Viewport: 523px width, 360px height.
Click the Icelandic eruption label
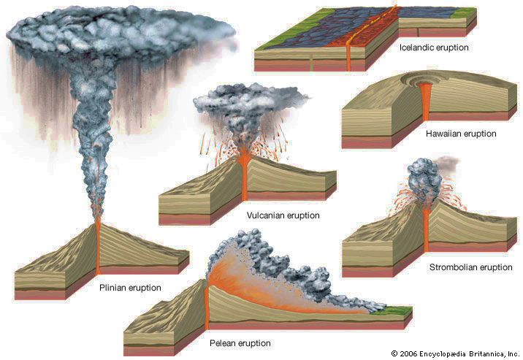click(x=434, y=47)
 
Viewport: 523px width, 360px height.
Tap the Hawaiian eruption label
click(x=461, y=134)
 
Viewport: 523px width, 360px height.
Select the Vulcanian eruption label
click(x=283, y=215)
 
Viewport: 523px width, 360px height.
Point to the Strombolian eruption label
click(x=470, y=267)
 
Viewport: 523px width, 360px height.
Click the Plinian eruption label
click(x=130, y=288)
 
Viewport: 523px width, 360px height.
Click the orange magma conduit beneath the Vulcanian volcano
click(x=243, y=183)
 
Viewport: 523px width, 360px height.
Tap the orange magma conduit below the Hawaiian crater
click(x=426, y=102)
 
